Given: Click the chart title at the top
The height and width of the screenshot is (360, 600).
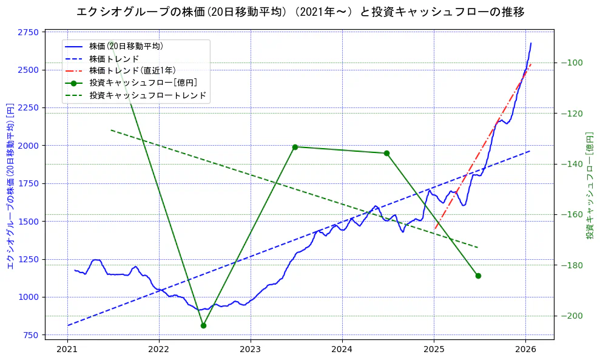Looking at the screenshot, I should [300, 12].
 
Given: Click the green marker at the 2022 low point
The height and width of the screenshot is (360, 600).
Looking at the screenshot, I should [203, 325].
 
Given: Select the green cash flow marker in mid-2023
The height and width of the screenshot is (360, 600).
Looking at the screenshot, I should [295, 147].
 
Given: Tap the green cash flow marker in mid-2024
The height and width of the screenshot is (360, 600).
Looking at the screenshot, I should [386, 153].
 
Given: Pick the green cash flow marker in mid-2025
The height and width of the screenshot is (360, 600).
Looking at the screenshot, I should [478, 276].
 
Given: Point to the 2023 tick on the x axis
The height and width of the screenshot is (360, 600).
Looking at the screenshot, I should [251, 349].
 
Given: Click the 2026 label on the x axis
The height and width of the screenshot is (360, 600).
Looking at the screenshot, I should [525, 349].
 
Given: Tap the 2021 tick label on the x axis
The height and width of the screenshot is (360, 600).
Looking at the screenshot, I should [67, 349].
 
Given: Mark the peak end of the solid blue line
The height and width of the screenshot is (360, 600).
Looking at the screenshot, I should [531, 43].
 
